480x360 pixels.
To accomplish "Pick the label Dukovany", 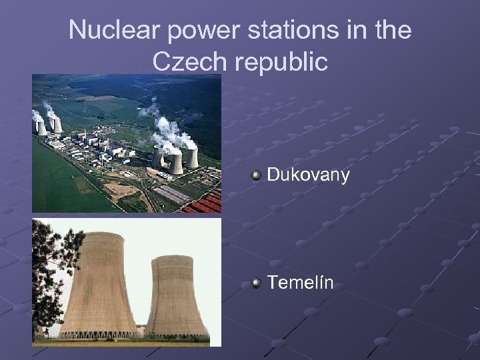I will click(308, 175).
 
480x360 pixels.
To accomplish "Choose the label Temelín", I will click(301, 284).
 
